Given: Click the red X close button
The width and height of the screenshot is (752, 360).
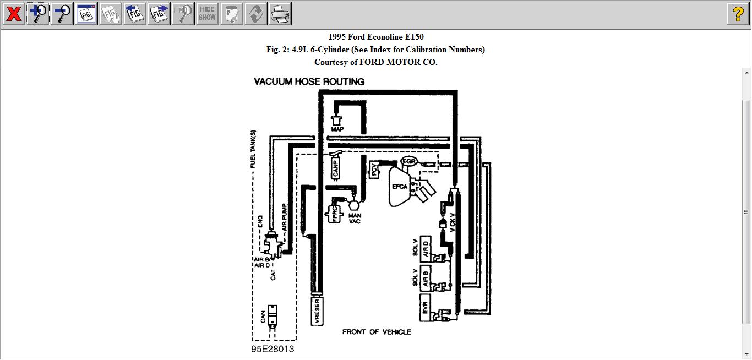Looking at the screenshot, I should (x=14, y=14).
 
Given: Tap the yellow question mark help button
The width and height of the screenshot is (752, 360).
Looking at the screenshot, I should (x=738, y=14).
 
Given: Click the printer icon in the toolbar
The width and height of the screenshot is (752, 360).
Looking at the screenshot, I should (x=280, y=14).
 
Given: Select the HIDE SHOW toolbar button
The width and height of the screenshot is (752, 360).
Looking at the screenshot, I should (x=207, y=14).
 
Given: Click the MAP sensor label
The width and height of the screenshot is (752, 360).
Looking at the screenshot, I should (x=337, y=129).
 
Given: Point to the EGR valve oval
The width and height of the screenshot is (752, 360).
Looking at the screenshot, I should (x=409, y=161).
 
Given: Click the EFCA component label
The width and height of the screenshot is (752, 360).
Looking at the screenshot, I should (x=400, y=187).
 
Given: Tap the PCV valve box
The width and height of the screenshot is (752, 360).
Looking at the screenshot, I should (x=374, y=170).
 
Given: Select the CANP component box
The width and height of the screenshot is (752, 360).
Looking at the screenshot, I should (x=336, y=168).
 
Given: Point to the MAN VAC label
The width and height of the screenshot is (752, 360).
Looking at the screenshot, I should (x=355, y=219).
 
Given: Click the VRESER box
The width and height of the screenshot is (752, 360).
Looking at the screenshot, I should (x=317, y=312).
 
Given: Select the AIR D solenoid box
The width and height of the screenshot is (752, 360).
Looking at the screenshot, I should (x=425, y=250).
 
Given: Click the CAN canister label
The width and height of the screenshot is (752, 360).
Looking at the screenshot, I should (x=263, y=317).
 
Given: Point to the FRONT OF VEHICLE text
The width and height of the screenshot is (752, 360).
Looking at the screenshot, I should (x=377, y=332).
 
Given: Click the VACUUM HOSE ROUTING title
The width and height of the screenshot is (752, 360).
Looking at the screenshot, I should (x=309, y=81).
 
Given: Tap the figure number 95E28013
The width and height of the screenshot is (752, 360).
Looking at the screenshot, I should (x=273, y=350).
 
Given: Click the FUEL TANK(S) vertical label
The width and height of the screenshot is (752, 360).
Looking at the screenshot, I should (x=253, y=150).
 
